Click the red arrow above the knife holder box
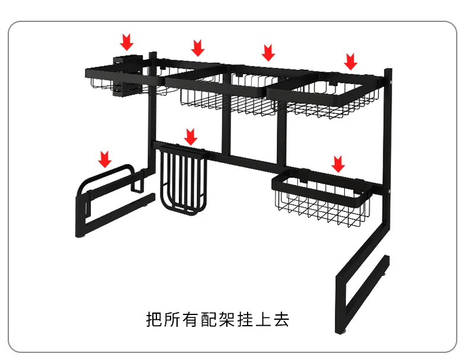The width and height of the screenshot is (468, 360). coord(126,42)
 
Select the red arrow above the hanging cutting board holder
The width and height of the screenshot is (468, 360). coord(190,136)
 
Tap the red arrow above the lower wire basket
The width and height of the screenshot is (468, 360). coord(338,164)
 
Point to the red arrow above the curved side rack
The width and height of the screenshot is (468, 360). coord(105,159)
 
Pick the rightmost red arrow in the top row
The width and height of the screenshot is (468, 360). coord(351,61)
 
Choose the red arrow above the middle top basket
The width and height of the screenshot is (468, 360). coord(268,52)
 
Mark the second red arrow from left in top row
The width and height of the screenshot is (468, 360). coord(198,47)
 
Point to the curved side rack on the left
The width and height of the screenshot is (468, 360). coord(110,198)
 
